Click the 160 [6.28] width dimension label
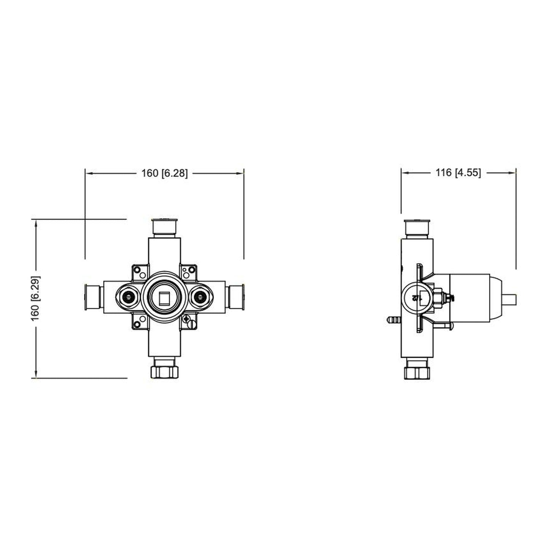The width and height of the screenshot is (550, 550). coord(164,173)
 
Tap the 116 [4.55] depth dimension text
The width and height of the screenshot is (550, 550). coord(458,173)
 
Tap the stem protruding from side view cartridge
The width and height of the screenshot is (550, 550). coord(510,298)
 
